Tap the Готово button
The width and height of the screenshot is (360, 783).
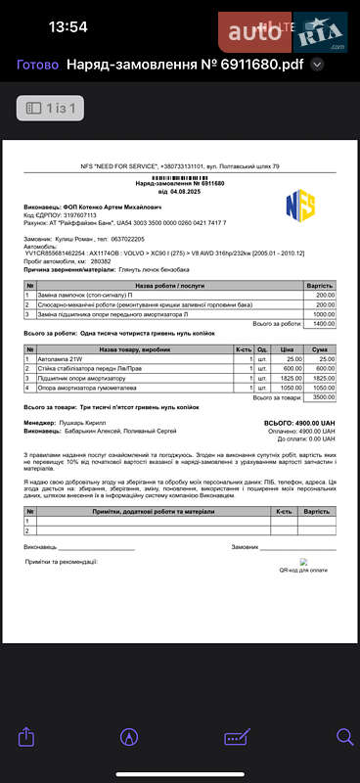[37, 66]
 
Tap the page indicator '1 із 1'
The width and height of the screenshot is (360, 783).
[50, 107]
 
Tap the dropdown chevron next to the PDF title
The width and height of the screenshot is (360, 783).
[317, 66]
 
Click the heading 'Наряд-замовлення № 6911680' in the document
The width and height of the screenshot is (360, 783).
[180, 183]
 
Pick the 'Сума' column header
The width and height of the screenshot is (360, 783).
[321, 348]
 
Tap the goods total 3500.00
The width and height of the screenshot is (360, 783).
[324, 396]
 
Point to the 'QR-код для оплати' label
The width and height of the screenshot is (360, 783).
[303, 568]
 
